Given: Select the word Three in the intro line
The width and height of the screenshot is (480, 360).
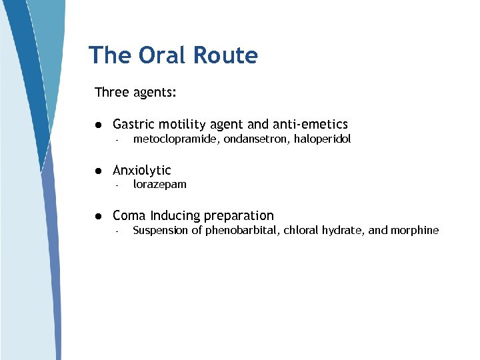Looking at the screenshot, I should pos(111,92).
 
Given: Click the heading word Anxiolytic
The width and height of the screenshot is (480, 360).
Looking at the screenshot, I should pos(142,171).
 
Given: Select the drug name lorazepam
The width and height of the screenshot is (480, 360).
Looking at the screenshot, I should pos(159,185).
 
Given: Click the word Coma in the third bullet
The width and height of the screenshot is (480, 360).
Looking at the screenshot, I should pos(129,215).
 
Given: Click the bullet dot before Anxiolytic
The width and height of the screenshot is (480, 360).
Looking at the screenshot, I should pos(97,171).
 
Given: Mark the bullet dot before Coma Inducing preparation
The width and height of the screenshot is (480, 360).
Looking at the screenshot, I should pos(97,216).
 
